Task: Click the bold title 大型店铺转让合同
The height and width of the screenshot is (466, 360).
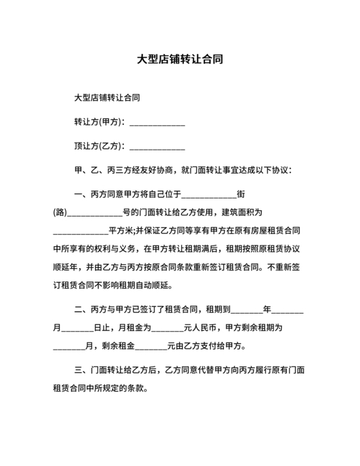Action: pyautogui.click(x=180, y=58)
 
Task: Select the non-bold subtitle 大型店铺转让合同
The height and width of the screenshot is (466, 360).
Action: pyautogui.click(x=107, y=98)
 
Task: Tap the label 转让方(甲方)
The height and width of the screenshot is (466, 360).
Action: pyautogui.click(x=101, y=123)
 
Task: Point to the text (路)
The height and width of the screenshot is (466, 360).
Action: pyautogui.click(x=60, y=212)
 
